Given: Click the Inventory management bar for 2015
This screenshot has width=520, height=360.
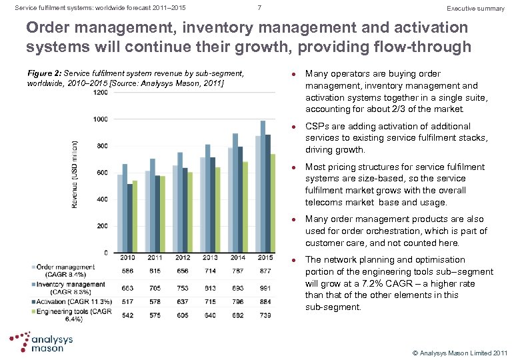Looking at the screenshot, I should (x=263, y=187).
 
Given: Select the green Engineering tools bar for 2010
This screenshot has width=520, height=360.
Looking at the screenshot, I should (x=135, y=217).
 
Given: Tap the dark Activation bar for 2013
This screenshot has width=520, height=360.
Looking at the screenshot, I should (x=211, y=205).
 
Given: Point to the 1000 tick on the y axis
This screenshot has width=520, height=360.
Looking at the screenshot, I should (x=99, y=119).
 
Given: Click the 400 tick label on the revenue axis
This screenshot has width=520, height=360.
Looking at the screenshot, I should (x=101, y=199).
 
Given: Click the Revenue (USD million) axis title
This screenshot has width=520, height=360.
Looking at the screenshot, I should (x=76, y=173).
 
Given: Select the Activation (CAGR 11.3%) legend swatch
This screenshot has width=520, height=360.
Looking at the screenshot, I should (x=34, y=302).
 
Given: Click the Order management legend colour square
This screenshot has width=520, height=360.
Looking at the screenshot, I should (x=34, y=267).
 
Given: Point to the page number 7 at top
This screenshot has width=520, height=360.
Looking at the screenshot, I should (x=259, y=8).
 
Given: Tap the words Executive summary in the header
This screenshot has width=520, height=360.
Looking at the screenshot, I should (x=475, y=9).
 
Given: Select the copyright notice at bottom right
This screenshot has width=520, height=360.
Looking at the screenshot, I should (x=459, y=352).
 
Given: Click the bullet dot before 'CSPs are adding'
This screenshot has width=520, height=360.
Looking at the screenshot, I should (x=294, y=126).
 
